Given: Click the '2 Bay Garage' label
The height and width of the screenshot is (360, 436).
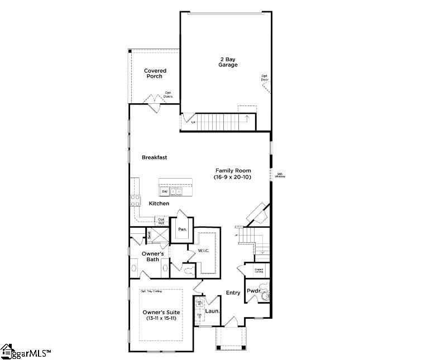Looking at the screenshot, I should coord(228,61).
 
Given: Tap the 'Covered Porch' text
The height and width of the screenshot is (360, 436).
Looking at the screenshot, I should coord(155,73).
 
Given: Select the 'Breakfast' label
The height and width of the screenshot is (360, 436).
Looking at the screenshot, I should coord(154,157).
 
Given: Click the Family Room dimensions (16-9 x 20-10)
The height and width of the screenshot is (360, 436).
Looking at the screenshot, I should coord(233,177).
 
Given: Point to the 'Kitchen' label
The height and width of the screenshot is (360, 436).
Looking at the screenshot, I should coord(159,204).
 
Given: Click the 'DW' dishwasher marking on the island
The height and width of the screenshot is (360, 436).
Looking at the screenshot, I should coord(165,191).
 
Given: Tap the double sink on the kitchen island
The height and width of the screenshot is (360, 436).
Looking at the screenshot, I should coord(176,191).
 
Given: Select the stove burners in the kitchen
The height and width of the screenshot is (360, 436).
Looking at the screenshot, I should coord(135,200).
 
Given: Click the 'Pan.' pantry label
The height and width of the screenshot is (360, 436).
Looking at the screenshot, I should coord(182,229).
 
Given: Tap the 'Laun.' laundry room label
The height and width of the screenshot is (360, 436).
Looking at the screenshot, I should coord(212,311).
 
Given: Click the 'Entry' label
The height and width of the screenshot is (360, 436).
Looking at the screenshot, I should coord(233,292).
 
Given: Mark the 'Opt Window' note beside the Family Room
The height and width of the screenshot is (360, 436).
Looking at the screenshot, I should coord(280,175).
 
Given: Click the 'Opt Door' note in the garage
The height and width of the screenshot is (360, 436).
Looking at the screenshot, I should coord(265,78).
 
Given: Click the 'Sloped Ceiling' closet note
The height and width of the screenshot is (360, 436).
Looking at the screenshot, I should coord(258,271).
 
